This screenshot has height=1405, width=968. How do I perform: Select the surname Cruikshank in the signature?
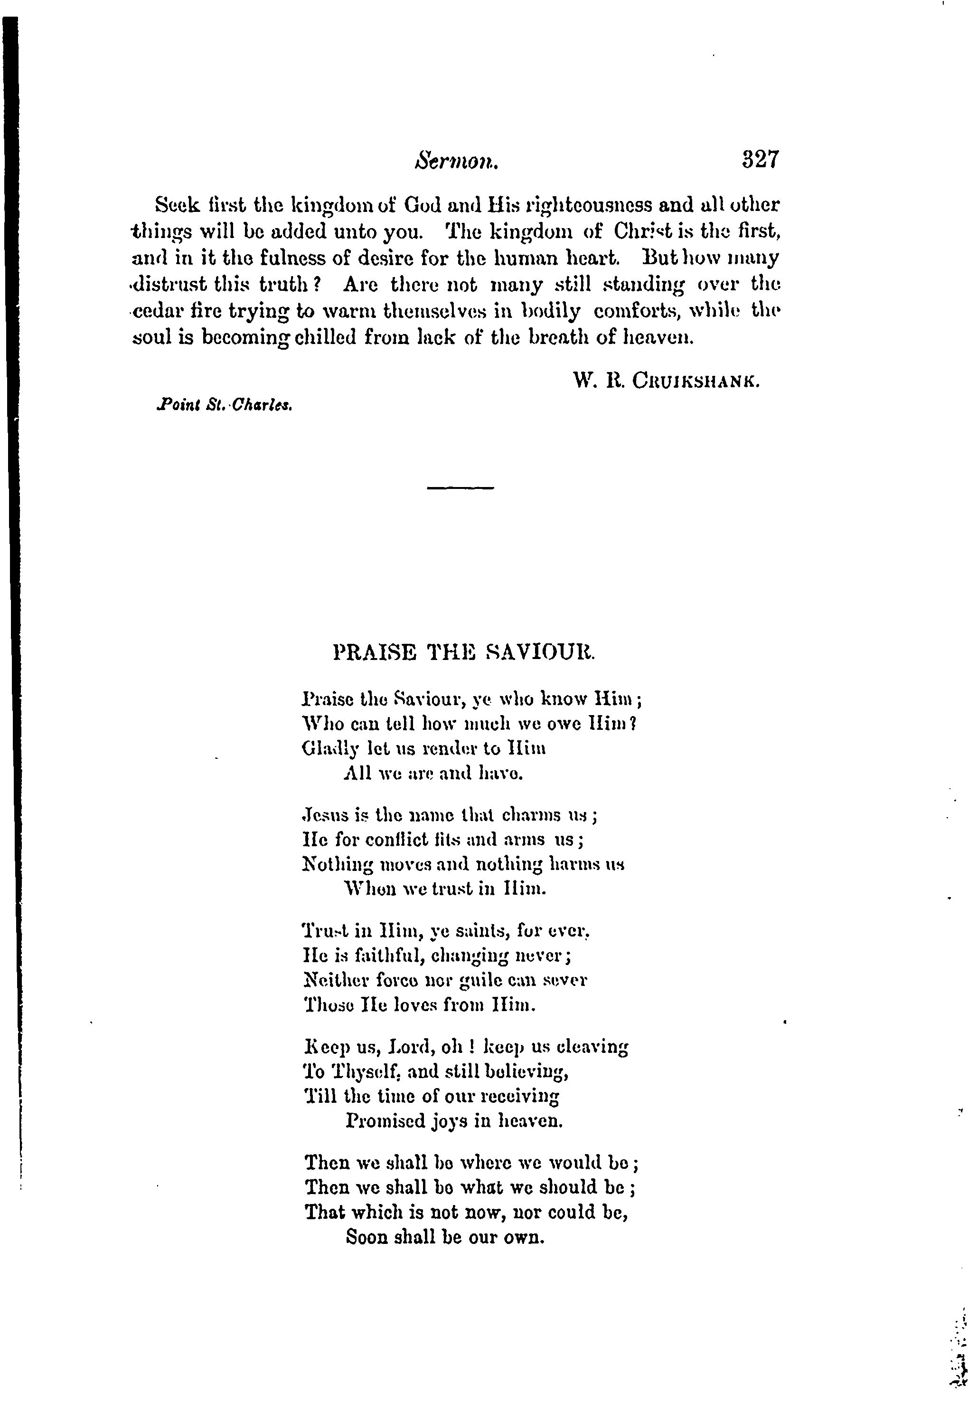coord(695,381)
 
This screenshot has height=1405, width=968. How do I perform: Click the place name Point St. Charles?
coord(225,405)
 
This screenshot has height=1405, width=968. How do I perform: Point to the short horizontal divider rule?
coord(461,487)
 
